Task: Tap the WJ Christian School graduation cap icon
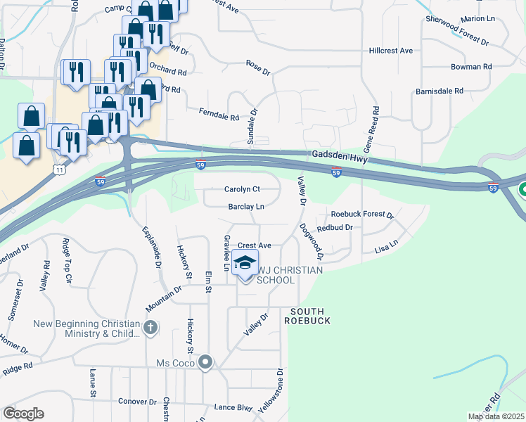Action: coord(245,264)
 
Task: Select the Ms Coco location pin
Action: coord(205,362)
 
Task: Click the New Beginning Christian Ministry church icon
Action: coord(150,328)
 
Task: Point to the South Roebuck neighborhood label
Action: coord(306,315)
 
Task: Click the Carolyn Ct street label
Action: coord(242,189)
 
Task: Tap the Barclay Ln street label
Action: coord(245,207)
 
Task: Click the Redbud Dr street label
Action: coord(334,228)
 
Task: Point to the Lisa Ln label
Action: coord(387,245)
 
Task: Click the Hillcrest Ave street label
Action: coord(391,51)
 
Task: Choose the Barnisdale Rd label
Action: coord(440,91)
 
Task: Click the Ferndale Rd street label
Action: coord(219,113)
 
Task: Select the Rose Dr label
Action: coord(258,68)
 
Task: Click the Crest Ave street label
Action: coord(255,245)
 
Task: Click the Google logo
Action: coord(23,414)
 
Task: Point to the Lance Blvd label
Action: coord(233,408)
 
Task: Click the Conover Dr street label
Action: coord(137,402)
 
